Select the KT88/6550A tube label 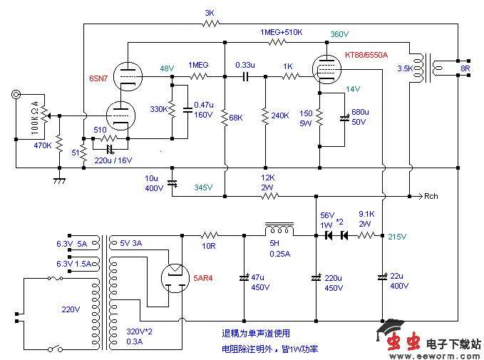pos(366,55)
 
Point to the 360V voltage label pos(340,34)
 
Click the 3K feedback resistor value pos(209,13)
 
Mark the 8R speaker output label pos(465,69)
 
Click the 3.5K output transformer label pos(404,69)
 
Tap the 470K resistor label pos(43,145)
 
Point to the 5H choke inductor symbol pos(279,230)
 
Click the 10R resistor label pos(208,246)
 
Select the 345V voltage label pos(203,187)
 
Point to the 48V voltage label pos(166,68)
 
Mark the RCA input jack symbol pos(16,94)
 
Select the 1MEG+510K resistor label pos(282,33)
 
